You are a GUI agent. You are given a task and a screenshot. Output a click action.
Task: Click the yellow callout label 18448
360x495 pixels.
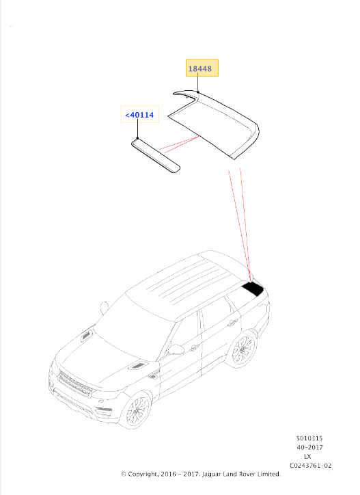pyautogui.click(x=202, y=68)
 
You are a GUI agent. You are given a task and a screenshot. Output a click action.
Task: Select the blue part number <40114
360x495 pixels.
pyautogui.click(x=140, y=115)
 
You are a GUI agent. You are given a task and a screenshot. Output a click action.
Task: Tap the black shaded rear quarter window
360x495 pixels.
pyautogui.click(x=253, y=289)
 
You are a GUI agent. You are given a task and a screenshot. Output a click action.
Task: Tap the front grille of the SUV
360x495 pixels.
pyautogui.click(x=76, y=384)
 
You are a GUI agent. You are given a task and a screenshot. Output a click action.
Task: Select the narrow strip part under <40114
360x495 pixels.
pyautogui.click(x=156, y=156)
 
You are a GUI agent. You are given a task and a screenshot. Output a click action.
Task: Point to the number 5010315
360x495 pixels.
pyautogui.click(x=309, y=438)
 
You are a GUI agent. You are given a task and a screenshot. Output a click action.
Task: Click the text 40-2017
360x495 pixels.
pyautogui.click(x=309, y=447)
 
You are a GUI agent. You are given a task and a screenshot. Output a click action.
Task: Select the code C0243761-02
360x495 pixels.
pyautogui.click(x=310, y=466)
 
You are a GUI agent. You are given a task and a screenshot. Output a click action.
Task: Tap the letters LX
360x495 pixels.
pyautogui.click(x=307, y=457)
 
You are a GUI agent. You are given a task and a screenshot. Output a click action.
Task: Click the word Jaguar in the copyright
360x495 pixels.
pyautogui.click(x=211, y=474)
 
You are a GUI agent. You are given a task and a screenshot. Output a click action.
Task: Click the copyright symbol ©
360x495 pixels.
pyautogui.click(x=124, y=474)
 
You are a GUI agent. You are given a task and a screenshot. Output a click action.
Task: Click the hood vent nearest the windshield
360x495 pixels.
pyautogui.click(x=87, y=336)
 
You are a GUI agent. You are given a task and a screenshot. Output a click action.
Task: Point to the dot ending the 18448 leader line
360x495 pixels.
pyautogui.click(x=198, y=92)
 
